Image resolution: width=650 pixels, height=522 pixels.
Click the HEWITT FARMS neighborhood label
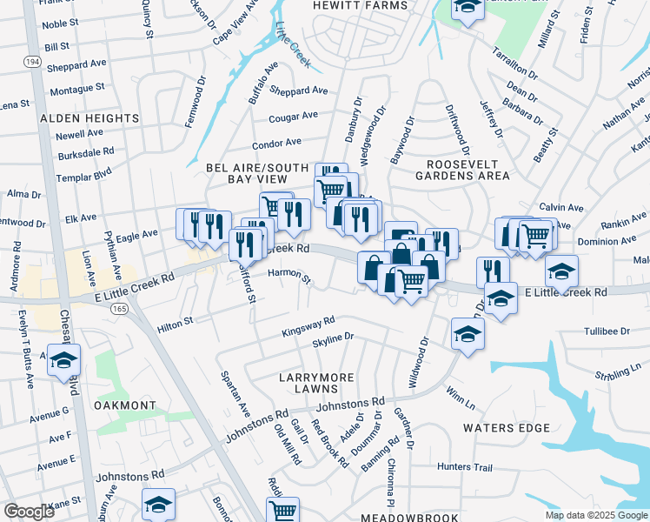(360, 5)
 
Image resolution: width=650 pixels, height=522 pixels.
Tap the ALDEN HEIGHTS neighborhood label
(88, 117)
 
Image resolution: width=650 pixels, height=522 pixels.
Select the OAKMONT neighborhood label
(126, 405)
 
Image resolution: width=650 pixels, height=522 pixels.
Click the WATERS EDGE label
(507, 428)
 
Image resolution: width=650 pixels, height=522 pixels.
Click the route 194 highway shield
(32, 63)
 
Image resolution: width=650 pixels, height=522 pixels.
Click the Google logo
(29, 512)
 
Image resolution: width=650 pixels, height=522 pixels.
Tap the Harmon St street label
(289, 278)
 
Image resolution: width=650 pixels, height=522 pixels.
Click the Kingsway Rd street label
(308, 327)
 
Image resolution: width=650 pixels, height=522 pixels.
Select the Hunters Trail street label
(465, 467)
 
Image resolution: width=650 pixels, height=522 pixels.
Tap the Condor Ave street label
(276, 143)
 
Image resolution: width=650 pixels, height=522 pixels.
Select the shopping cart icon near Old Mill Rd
(282, 510)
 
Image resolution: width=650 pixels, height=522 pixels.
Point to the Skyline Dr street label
(333, 337)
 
